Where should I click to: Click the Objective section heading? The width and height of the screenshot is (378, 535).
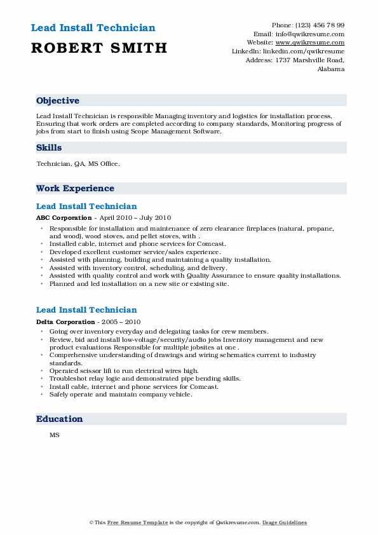pos(58,101)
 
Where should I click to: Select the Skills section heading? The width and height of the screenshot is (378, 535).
pos(49,148)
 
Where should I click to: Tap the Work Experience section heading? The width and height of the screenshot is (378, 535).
pos(75,189)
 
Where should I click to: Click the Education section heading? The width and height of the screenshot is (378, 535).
pos(59,419)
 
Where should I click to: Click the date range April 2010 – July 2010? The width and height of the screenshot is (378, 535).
pos(132,217)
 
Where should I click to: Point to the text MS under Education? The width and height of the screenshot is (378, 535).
pos(54,435)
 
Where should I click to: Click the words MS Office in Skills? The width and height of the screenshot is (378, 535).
pos(105,164)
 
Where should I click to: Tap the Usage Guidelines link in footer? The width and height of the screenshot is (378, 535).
pos(285,522)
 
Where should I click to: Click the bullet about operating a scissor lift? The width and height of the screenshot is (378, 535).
pos(124,370)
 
